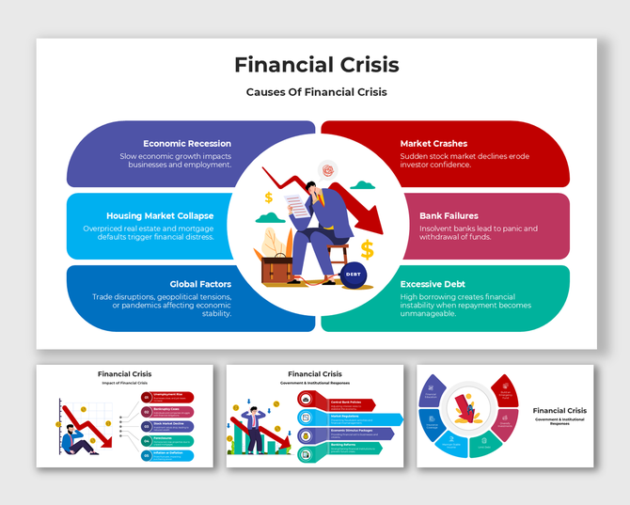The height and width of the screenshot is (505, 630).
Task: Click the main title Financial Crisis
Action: coord(316,65)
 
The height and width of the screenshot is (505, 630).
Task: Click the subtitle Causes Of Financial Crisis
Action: coord(316,92)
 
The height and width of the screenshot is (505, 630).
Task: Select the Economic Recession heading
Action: coord(187,143)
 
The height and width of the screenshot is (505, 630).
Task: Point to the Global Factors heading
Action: coord(200,283)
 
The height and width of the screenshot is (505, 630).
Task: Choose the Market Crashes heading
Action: coord(433,143)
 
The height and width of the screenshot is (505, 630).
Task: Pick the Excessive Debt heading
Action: coord(433,283)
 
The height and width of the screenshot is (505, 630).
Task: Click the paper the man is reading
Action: coord(297,202)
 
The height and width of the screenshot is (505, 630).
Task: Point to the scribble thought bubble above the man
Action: coord(327,170)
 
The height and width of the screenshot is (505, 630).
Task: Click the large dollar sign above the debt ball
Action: coord(367,248)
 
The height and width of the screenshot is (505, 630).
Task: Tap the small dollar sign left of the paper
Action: coord(269,197)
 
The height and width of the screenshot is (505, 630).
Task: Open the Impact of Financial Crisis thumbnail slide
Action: coord(125,414)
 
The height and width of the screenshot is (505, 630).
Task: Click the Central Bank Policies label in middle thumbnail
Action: coord(346,400)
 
